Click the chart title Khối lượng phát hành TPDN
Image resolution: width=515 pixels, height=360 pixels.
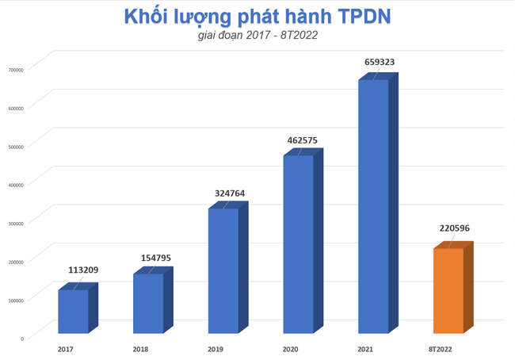click(257, 18)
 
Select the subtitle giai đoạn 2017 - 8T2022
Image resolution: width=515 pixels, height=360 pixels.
click(257, 36)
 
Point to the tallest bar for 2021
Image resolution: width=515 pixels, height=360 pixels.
click(373, 206)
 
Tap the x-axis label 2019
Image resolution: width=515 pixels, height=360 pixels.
click(214, 349)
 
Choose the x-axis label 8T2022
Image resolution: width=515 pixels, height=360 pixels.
click(440, 349)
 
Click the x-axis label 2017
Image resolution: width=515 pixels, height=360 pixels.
click(65, 349)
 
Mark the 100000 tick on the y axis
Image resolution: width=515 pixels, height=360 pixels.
click(17, 299)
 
